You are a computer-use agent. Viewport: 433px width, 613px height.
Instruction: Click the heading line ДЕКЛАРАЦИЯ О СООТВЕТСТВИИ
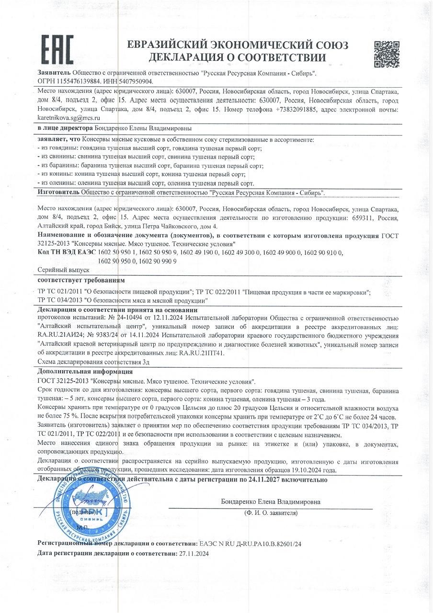[x=238, y=58]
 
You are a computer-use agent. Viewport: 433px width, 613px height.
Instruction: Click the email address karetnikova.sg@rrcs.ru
[x=68, y=117]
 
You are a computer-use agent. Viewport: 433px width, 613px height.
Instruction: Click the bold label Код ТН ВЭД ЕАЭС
[x=67, y=251]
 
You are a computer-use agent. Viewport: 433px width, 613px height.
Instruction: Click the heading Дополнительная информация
[x=85, y=371]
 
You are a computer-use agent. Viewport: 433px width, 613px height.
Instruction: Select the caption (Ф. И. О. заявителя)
[x=271, y=512]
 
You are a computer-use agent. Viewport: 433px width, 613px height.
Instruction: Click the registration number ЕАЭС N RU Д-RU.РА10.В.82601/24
[x=250, y=544]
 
